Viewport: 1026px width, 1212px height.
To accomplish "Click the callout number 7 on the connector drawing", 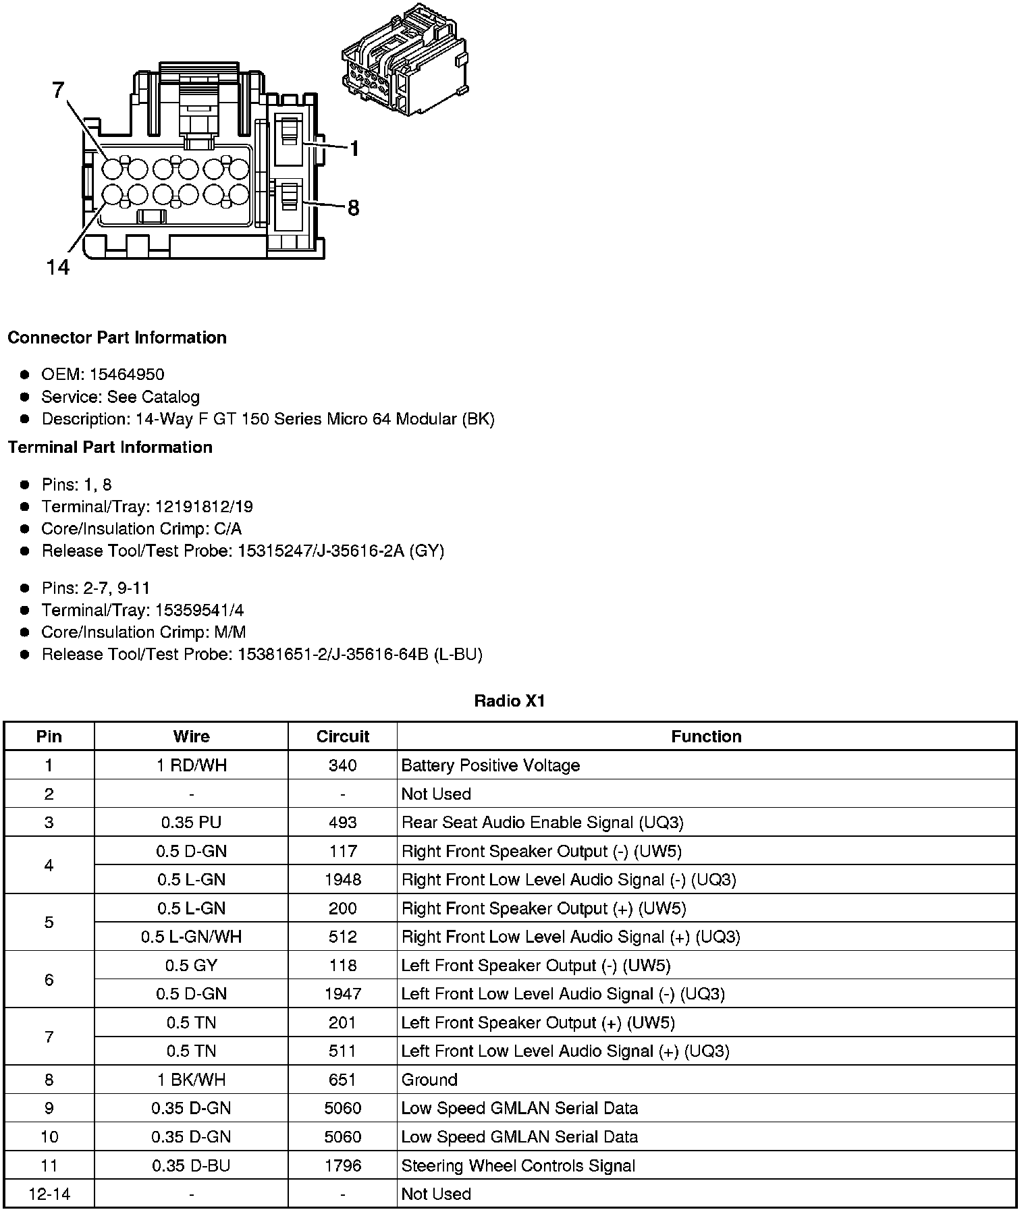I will tap(59, 90).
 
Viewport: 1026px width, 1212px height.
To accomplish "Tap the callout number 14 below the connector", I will tap(58, 268).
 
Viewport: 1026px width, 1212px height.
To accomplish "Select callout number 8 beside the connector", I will tap(353, 209).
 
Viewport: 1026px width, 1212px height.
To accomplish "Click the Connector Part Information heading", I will tap(117, 337).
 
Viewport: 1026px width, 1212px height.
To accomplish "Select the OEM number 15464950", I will tap(127, 375).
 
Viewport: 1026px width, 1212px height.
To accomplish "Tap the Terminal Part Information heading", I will tap(110, 447).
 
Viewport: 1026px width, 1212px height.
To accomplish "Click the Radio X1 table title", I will tap(510, 701).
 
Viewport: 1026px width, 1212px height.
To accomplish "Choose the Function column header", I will tap(706, 736).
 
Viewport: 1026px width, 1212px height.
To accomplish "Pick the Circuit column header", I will tap(342, 736).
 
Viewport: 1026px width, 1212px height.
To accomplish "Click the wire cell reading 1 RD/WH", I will tap(192, 765).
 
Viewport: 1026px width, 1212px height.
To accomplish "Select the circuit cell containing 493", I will tap(342, 823).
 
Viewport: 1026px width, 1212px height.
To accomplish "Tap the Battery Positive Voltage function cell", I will tap(491, 765).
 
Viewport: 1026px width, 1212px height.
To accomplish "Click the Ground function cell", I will tap(429, 1080).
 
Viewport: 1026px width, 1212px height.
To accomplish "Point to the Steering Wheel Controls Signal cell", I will tap(518, 1165).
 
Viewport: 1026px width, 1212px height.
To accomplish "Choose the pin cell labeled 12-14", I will tap(49, 1194).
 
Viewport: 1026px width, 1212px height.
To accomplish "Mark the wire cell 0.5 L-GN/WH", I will tap(192, 937).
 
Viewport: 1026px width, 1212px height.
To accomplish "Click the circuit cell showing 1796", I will tap(342, 1165).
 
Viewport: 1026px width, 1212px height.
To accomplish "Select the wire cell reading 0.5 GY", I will tap(192, 966).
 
